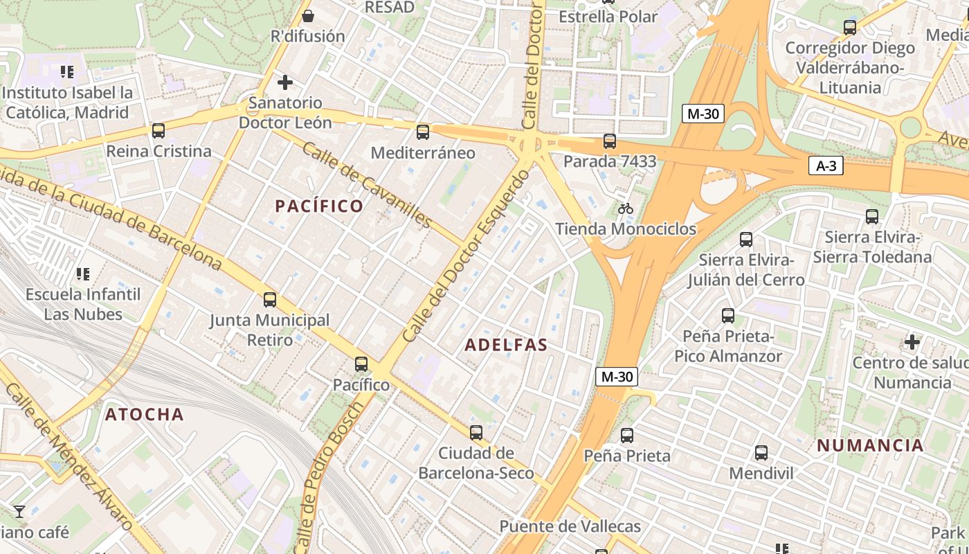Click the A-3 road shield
825,166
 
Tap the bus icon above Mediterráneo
423,132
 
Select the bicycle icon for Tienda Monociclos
626,208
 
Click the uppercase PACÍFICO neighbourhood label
319,206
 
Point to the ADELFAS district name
507,345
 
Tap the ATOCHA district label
145,414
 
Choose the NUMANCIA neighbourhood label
870,445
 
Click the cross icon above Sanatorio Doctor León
284,83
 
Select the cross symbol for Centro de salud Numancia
912,342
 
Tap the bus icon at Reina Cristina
159,130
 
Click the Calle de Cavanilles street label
367,185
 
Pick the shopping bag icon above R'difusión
308,15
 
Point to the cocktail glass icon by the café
19,512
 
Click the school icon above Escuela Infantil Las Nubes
83,274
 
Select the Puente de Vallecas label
570,526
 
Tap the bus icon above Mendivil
761,453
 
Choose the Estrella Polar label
608,16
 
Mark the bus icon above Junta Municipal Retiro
270,300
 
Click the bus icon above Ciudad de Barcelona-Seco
476,433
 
